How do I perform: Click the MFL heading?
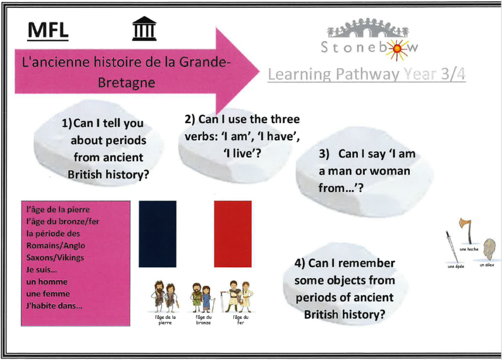pyautogui.click(x=48, y=30)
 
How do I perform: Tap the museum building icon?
pyautogui.click(x=145, y=28)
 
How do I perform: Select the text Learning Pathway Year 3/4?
pyautogui.click(x=367, y=75)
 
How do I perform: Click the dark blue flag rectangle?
pyautogui.click(x=157, y=234)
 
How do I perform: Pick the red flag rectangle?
pyautogui.click(x=233, y=234)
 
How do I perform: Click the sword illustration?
pyautogui.click(x=452, y=247)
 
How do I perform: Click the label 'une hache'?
pyautogui.click(x=469, y=249)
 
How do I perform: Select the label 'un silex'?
pyautogui.click(x=487, y=265)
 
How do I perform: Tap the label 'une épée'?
pyautogui.click(x=455, y=266)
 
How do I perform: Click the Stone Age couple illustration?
pyautogui.click(x=165, y=296)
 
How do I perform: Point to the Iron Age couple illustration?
pyautogui.click(x=237, y=296)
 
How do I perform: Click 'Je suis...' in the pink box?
pyautogui.click(x=42, y=270)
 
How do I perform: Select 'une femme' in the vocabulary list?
pyautogui.click(x=48, y=294)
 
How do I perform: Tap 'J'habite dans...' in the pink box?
pyautogui.click(x=54, y=306)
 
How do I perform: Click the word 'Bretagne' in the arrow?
pyautogui.click(x=126, y=82)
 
